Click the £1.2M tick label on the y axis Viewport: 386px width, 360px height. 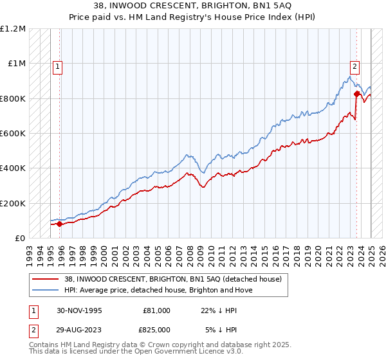pos(14,29)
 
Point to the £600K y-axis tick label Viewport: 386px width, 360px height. pos(12,134)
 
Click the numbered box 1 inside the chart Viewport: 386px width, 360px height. pos(57,66)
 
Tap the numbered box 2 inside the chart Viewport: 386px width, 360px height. pos(354,66)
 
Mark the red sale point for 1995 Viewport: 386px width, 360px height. pos(60,224)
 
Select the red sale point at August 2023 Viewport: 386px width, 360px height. pos(356,94)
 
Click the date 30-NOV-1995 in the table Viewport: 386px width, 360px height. pos(80,310)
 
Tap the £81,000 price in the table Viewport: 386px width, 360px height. pos(156,310)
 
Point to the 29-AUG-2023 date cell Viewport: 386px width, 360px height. pos(80,330)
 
